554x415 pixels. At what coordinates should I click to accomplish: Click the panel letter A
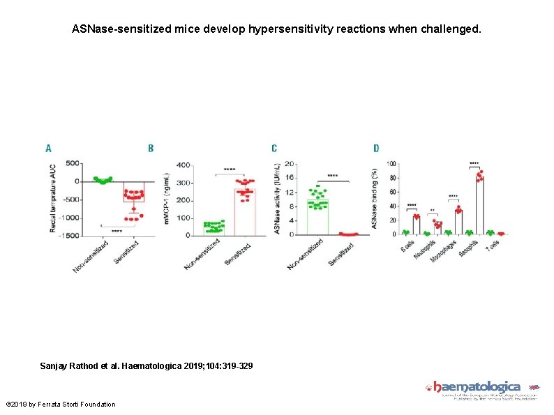pos(48,149)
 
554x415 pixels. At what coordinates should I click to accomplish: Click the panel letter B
pos(151,149)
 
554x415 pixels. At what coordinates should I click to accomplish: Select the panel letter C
pos(274,149)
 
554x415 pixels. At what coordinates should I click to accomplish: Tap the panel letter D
pos(376,149)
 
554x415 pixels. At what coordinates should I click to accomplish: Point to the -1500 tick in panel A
pos(70,236)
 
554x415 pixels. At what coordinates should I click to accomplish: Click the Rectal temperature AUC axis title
pos(53,199)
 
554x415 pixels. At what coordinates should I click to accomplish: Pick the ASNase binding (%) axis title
pos(375,199)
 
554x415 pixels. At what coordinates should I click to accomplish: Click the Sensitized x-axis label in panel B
pos(238,252)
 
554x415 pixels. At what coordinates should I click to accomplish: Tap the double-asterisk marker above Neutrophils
pos(433,211)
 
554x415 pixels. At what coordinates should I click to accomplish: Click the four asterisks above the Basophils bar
pos(474,163)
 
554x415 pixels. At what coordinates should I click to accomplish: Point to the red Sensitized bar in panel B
pos(245,213)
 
